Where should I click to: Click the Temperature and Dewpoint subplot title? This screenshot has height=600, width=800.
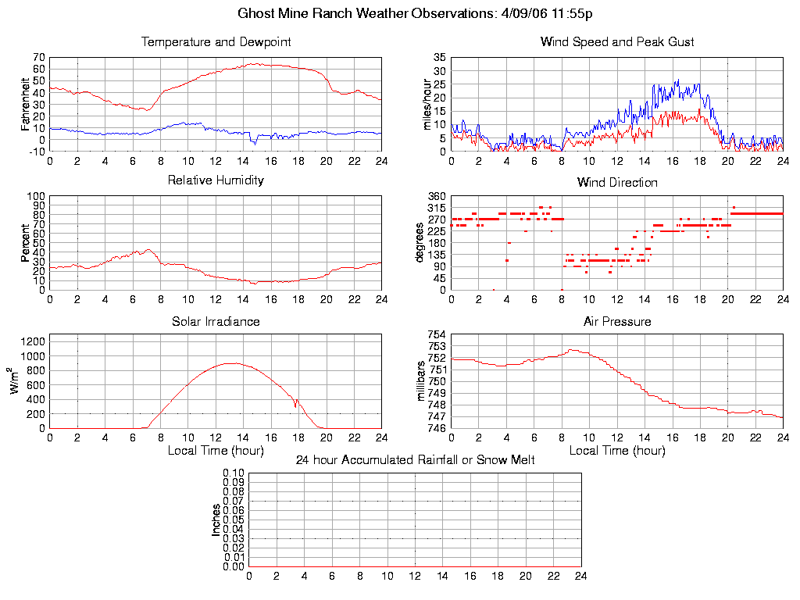216,42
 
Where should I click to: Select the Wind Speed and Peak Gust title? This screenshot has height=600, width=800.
617,42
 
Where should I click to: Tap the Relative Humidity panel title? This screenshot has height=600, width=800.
216,180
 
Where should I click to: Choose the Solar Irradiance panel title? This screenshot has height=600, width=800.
216,321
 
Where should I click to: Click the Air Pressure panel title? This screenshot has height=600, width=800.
617,321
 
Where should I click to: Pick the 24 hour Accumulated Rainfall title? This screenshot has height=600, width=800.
415,460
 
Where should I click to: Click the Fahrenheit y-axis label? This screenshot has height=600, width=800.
26,103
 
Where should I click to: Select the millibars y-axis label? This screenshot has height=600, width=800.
421,381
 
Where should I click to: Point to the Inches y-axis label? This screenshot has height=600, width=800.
216,520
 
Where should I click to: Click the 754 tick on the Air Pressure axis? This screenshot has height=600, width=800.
435,335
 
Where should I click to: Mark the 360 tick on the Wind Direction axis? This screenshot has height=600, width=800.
436,196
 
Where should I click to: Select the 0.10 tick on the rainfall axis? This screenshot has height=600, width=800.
234,473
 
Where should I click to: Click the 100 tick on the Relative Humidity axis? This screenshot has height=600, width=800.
36,196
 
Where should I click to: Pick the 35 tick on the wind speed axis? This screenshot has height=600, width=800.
439,58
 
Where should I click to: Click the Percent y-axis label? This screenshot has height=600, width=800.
26,243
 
